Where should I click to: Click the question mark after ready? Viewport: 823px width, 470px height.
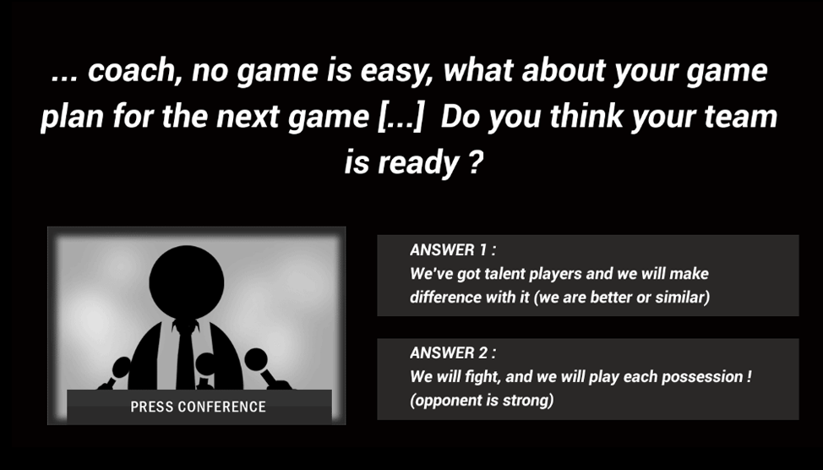475,161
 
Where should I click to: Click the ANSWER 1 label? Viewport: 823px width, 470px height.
452,250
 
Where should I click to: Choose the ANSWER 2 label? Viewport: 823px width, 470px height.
452,352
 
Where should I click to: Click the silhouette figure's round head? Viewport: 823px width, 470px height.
187,282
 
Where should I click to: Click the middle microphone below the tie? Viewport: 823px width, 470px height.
205,369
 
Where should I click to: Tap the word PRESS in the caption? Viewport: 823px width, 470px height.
151,407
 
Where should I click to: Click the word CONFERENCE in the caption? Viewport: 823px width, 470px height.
222,407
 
